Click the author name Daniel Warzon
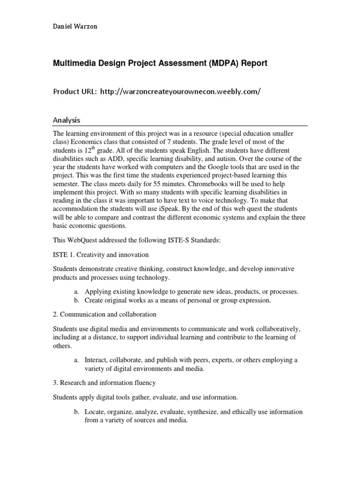click(75, 26)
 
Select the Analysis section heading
click(66, 120)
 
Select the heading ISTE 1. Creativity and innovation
click(100, 255)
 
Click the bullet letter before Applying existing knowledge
click(76, 292)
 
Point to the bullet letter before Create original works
click(76, 300)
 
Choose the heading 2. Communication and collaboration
click(104, 314)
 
